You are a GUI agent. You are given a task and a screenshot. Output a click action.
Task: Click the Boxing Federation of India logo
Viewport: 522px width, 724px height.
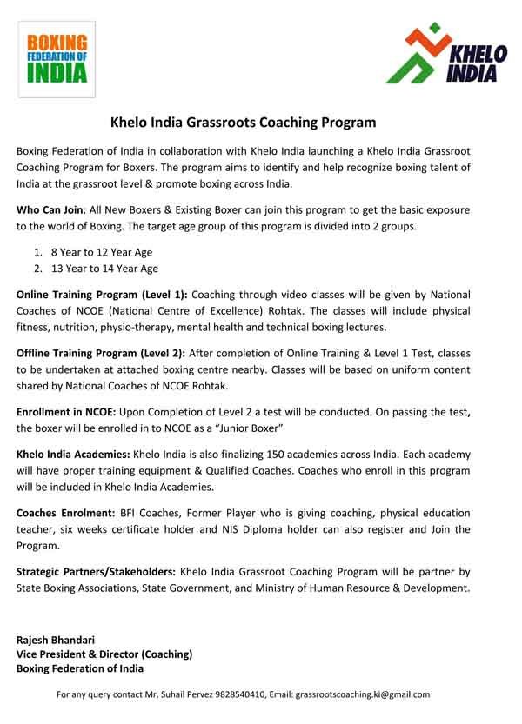pos(56,58)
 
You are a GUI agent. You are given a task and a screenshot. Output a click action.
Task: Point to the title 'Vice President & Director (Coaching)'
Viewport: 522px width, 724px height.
pos(104,654)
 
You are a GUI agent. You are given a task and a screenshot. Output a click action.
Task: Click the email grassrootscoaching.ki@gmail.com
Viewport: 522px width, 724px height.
pos(363,695)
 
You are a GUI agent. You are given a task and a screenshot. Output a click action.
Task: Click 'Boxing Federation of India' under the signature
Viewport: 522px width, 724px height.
pos(81,668)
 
